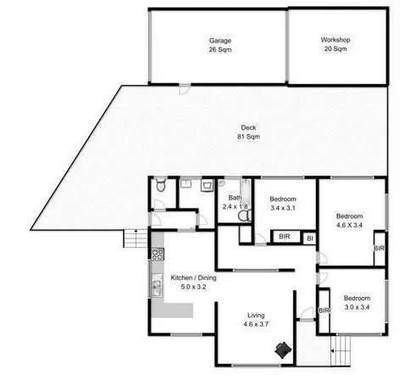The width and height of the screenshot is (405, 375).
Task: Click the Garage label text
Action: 220,40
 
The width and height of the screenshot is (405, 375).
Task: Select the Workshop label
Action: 336,40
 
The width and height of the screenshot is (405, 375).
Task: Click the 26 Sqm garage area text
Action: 220,50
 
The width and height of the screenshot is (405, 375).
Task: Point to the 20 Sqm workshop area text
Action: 336,50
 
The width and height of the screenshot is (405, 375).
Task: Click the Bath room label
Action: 235,196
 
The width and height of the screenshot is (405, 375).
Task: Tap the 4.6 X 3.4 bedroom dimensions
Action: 348,226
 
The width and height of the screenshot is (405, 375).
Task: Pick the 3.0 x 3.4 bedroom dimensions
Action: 357,309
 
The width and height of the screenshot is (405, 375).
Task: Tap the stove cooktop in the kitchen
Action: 156,254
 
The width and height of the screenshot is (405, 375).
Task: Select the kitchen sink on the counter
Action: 156,288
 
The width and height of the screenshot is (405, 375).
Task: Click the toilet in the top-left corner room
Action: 160,192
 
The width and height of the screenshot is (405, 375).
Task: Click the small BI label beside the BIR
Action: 309,238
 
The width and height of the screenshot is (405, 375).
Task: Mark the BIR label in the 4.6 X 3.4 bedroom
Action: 379,248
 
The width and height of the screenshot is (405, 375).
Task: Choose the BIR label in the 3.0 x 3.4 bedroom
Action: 324,311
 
